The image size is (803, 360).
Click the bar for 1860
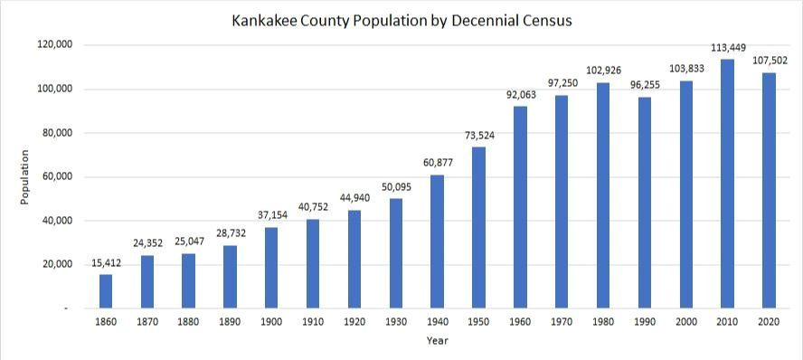point(106,291)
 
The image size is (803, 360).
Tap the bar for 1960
point(521,207)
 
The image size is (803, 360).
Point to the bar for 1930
point(396,253)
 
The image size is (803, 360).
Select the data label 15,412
point(106,264)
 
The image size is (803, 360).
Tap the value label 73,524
point(479,136)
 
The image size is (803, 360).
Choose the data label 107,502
point(770,62)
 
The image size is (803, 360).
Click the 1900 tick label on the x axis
point(271,321)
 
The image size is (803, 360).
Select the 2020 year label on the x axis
point(770,321)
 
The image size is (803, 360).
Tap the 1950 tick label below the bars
point(479,321)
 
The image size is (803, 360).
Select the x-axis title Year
point(438,341)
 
